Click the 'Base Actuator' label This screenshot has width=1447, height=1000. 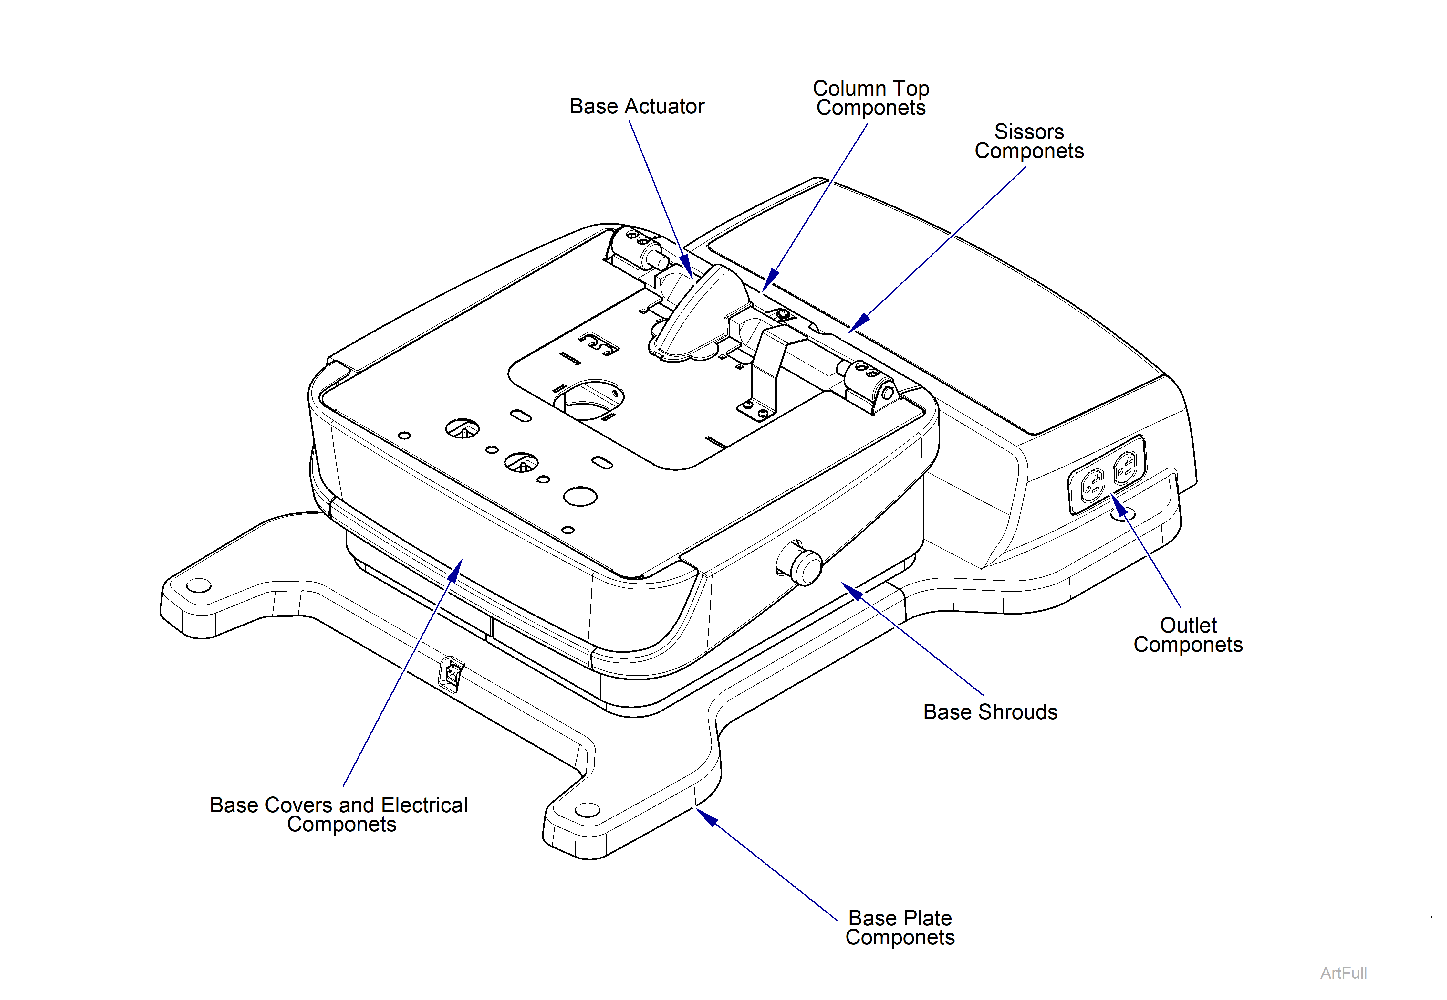tap(636, 107)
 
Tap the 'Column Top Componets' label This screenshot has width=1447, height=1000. tap(871, 98)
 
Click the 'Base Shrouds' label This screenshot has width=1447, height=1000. tap(990, 712)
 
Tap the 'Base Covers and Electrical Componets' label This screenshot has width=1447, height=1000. tap(339, 815)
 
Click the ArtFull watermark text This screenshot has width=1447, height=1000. tap(1343, 973)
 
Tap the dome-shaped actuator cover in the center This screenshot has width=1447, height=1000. tap(698, 316)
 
